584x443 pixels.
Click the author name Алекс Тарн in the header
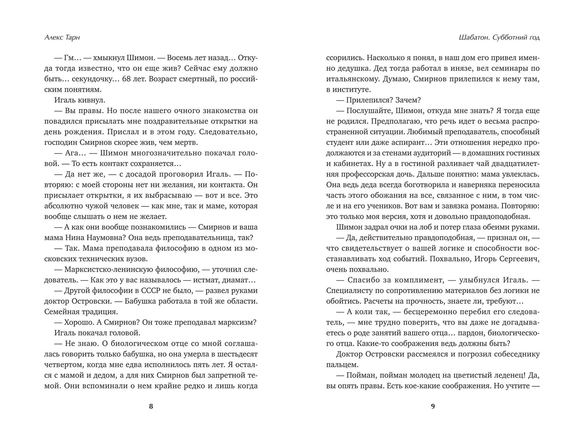(62, 38)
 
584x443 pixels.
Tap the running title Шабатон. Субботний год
(499, 38)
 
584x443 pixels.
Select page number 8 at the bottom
(151, 406)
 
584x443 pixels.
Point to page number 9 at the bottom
(433, 406)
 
